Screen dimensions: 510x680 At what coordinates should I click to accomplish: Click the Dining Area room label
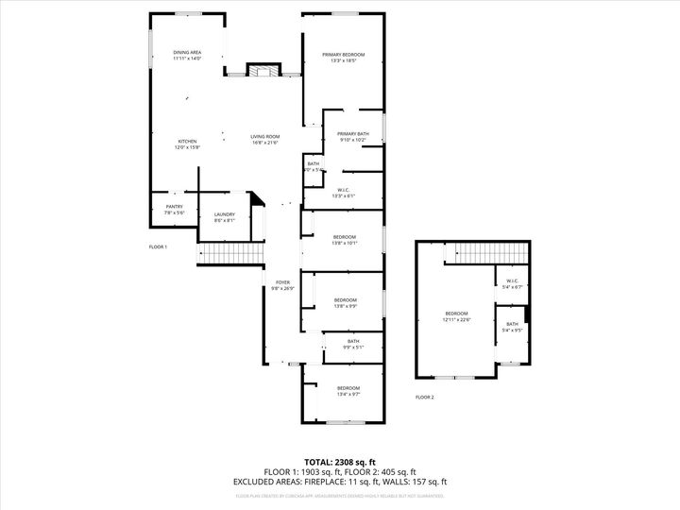187,52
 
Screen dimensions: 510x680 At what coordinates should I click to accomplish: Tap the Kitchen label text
187,142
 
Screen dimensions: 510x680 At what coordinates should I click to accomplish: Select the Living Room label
264,137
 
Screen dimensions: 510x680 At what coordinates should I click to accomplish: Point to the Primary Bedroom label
343,55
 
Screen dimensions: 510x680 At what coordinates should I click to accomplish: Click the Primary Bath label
352,134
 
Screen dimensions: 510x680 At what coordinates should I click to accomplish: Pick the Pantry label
174,207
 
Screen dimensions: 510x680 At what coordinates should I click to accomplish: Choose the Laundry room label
224,214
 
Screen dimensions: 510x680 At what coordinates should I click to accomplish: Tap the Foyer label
282,282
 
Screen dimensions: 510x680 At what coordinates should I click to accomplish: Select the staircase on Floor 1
229,254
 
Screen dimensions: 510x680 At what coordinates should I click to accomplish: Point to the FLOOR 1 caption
158,246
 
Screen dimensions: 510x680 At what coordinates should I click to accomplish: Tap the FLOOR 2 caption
425,398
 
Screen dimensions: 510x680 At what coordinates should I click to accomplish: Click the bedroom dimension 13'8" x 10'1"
344,242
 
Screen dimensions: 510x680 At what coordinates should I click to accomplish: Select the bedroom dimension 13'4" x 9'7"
348,394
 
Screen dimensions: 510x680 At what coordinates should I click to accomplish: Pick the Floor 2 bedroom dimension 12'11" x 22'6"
457,319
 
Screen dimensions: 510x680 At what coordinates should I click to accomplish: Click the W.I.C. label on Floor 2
512,280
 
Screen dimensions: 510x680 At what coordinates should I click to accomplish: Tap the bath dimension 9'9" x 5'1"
352,347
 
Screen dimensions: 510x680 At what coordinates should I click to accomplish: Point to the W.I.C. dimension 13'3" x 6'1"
343,195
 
